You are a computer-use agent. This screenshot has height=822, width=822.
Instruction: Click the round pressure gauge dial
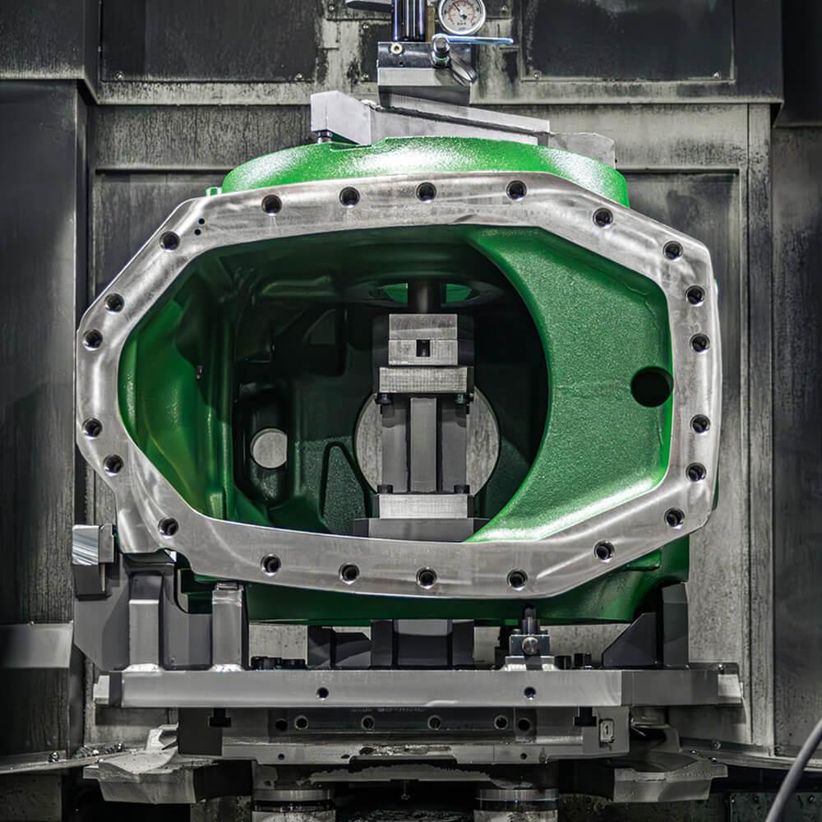(x=460, y=15)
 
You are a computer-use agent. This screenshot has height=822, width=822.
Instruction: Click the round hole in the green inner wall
(x=651, y=386)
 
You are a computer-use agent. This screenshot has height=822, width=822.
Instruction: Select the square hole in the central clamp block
(x=423, y=348)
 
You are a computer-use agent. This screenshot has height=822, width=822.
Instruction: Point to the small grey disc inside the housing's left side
(x=270, y=449)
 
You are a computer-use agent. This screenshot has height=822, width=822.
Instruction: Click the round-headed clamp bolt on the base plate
(x=530, y=644)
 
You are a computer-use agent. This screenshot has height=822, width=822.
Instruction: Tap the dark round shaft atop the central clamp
(x=424, y=297)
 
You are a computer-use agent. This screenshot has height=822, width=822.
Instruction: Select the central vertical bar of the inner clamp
(x=424, y=444)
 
